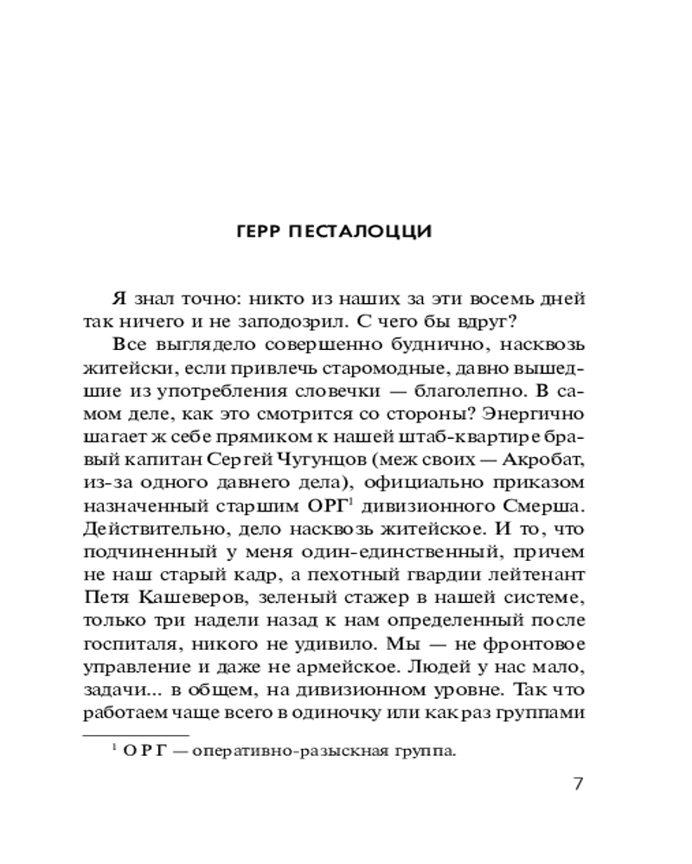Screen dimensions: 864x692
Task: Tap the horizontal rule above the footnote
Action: click(x=121, y=733)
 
